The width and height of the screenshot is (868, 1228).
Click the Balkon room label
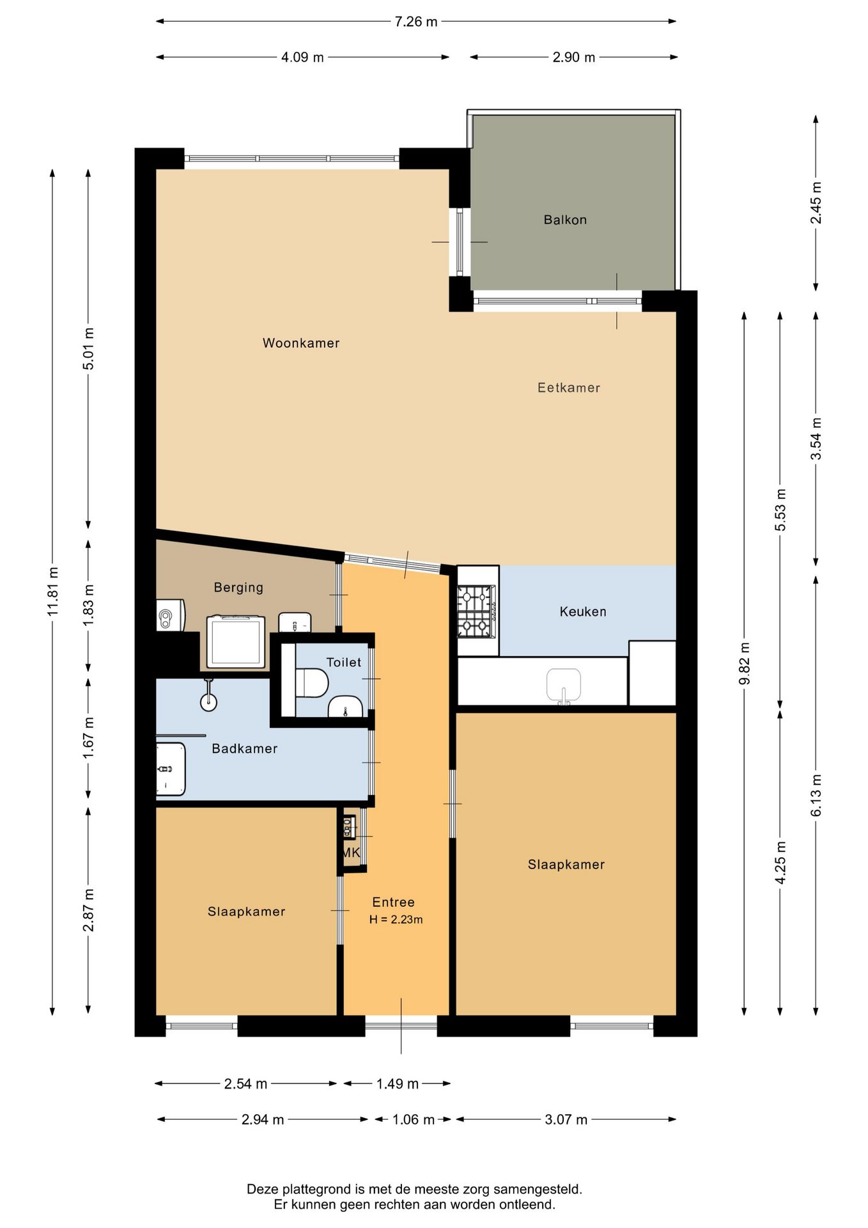click(565, 220)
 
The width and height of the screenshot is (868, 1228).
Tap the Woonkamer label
click(301, 343)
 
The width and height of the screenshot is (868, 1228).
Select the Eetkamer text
click(569, 388)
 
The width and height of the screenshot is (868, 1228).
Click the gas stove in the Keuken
click(476, 611)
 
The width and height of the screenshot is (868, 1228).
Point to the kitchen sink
click(564, 686)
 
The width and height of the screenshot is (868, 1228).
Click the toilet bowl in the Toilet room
click(312, 683)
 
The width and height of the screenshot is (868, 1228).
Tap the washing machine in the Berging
click(236, 642)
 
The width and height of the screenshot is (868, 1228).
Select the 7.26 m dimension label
click(416, 22)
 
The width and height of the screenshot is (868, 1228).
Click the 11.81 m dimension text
click(53, 592)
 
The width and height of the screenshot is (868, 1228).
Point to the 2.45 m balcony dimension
click(816, 203)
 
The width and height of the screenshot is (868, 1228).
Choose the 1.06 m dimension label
click(414, 1119)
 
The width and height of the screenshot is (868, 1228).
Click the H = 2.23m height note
click(396, 920)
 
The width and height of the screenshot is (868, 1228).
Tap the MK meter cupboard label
click(351, 853)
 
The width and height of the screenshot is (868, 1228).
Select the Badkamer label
click(245, 748)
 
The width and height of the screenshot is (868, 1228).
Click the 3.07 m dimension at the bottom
click(566, 1119)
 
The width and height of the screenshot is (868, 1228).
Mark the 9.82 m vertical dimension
click(745, 663)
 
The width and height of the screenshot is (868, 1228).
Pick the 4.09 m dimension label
click(303, 58)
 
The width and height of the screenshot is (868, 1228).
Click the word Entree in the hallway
click(394, 902)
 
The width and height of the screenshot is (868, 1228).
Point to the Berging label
click(238, 587)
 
